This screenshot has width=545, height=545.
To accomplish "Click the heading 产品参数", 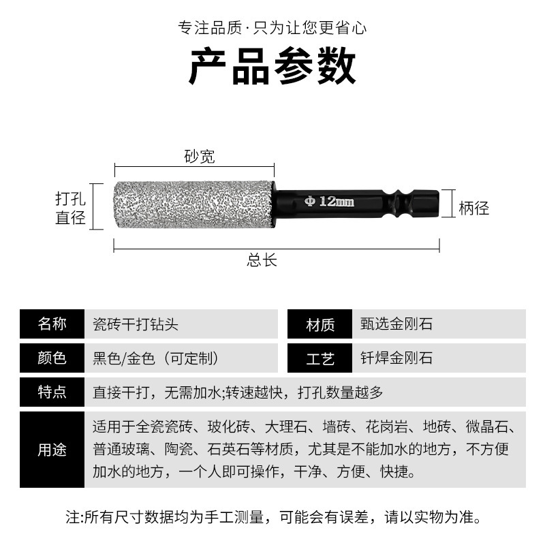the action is tap(272, 67).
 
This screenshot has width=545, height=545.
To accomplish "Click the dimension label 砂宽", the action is tap(199, 157).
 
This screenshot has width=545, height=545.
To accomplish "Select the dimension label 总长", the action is tap(262, 260).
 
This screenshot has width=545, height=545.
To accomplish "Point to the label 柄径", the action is tap(473, 208).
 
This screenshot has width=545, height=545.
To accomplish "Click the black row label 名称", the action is tap(52, 324).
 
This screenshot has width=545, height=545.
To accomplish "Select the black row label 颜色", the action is tap(52, 358).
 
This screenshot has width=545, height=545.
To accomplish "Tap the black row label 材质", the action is tap(320, 324).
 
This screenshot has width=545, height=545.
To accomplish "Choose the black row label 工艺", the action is tap(320, 358).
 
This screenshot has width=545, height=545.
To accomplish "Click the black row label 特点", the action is tap(52, 392).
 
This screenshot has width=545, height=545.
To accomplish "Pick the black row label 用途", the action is tap(52, 450).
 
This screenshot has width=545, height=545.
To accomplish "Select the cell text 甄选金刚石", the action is tap(396, 324).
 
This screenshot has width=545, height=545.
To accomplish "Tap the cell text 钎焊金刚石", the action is tap(396, 358).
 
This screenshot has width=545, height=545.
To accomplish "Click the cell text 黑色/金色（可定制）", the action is tap(156, 358).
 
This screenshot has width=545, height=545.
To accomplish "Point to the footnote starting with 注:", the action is tap(272, 518).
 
